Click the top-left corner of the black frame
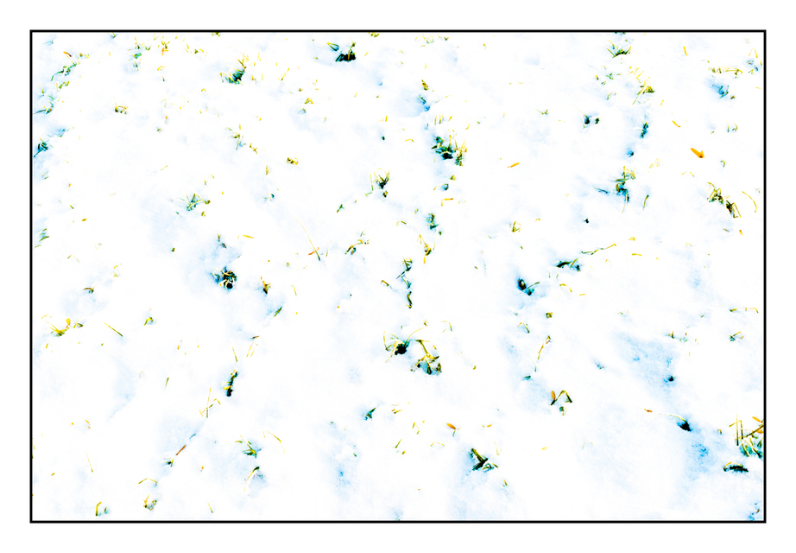click(x=32, y=32)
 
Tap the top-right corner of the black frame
click(x=764, y=32)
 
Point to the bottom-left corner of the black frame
click(x=32, y=521)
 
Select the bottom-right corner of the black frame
click(x=764, y=521)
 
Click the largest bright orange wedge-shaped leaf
click(x=696, y=152)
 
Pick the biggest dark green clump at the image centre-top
click(x=448, y=149)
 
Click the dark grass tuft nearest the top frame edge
click(x=345, y=54)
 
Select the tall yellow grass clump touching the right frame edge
click(x=750, y=441)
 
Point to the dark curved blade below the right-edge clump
click(x=736, y=467)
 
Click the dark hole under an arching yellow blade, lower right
click(x=684, y=424)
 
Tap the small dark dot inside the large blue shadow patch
click(x=668, y=378)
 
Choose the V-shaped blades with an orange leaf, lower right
click(x=560, y=398)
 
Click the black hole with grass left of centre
click(x=226, y=277)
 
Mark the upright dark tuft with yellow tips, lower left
click(x=231, y=383)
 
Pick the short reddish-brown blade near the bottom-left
click(x=180, y=450)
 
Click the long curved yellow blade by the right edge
click(x=749, y=201)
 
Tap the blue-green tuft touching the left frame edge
click(x=40, y=147)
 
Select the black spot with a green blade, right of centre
click(x=524, y=285)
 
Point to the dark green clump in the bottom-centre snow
click(x=480, y=460)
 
